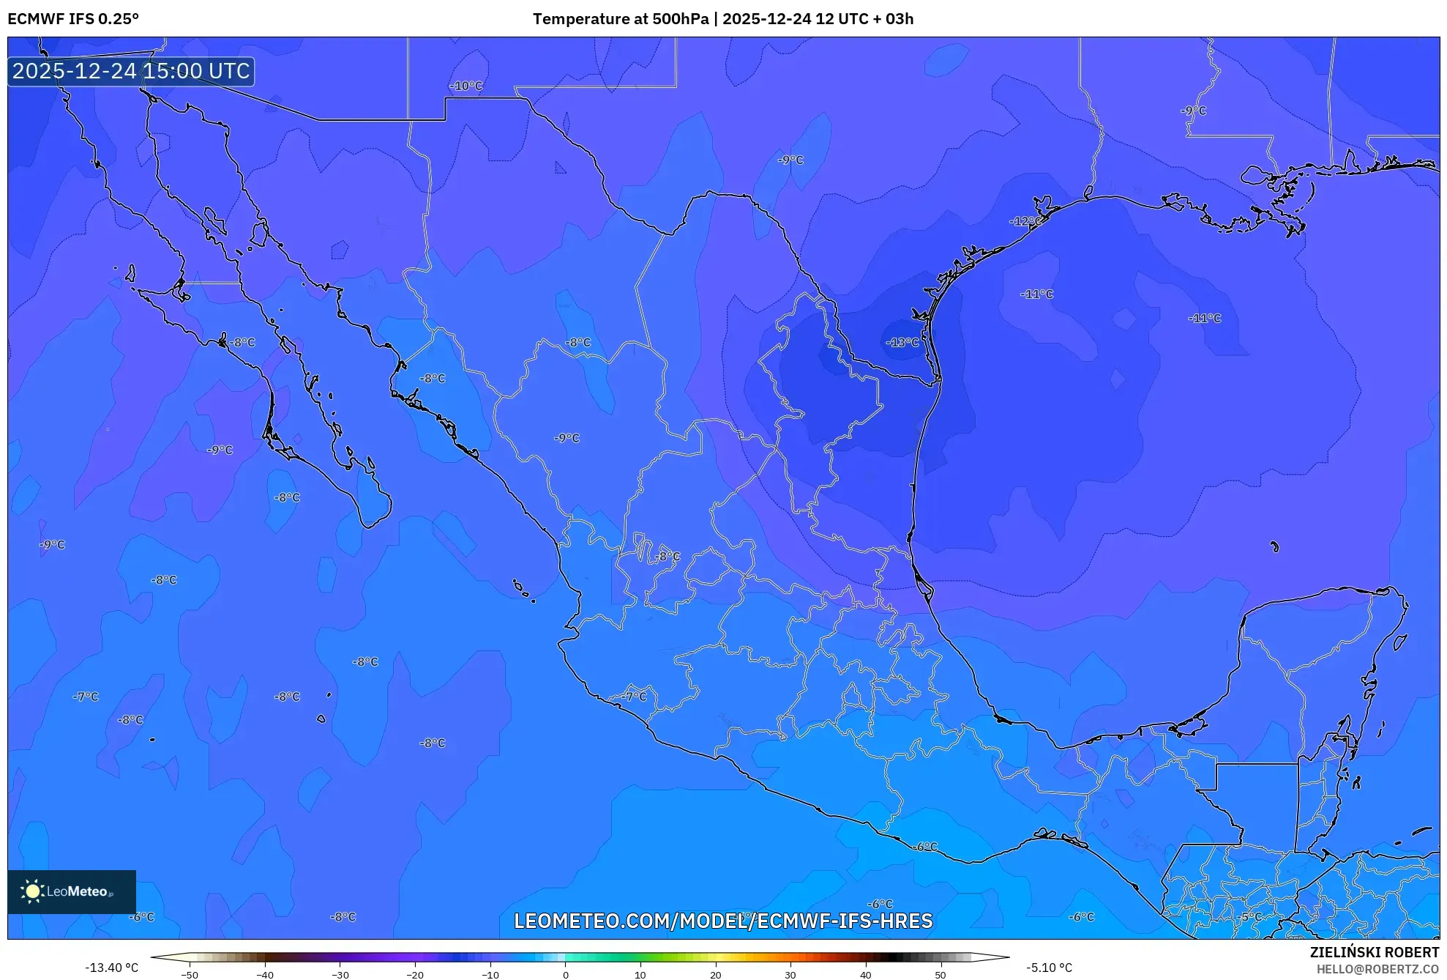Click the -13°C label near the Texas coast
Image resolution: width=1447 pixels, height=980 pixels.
point(902,342)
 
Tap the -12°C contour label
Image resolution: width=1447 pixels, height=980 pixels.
point(1025,221)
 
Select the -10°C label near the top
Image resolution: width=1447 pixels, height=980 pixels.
point(466,86)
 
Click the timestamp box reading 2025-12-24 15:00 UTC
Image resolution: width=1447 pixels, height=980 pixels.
point(131,71)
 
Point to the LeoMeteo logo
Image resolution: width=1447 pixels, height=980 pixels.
point(71,891)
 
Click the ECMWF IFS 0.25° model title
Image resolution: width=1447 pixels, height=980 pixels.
point(73,19)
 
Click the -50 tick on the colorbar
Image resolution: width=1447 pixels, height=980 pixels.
point(190,975)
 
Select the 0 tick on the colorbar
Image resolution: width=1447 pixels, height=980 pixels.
point(565,975)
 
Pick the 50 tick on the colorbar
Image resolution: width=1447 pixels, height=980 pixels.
point(941,975)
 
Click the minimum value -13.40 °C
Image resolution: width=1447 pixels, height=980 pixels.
point(111,968)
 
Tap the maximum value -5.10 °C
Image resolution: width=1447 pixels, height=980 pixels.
point(1049,968)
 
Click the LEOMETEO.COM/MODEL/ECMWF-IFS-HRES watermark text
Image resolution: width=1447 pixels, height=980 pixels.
point(723,921)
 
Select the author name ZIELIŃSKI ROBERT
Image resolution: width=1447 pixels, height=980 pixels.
point(1374,952)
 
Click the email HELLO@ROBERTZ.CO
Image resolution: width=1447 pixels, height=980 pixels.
point(1377,969)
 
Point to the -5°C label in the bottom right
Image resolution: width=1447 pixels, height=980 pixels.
point(1250,916)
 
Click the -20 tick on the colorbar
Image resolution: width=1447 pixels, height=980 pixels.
point(415,975)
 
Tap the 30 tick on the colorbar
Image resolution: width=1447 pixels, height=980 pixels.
point(790,975)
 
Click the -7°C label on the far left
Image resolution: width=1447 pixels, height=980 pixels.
point(86,697)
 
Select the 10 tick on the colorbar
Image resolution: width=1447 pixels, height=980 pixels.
point(640,975)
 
